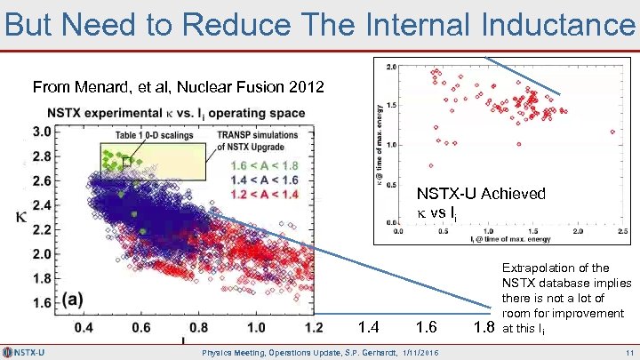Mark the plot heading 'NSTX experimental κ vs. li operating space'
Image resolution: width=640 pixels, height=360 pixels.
click(176, 114)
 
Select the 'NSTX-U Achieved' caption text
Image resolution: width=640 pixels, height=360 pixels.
click(481, 194)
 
